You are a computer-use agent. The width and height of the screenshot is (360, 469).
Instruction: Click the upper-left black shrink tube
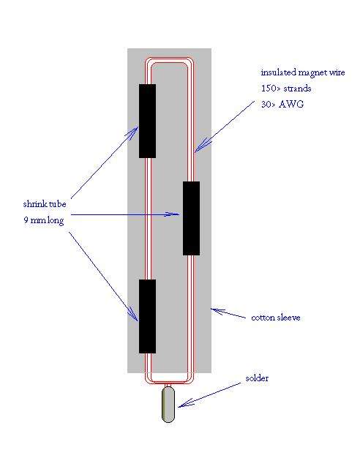point(147,121)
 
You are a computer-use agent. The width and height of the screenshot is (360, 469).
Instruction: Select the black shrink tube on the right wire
point(192,218)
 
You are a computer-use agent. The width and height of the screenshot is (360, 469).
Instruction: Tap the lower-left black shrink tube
point(147,317)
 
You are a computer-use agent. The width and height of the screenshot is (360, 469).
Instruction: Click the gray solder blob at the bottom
point(168,405)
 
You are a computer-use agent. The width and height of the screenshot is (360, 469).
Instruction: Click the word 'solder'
point(257,378)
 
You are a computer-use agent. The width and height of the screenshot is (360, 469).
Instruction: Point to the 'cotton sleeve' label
point(276,318)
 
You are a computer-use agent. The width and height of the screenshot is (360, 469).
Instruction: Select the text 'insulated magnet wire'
point(303,72)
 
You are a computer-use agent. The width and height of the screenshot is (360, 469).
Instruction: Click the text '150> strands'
point(286,89)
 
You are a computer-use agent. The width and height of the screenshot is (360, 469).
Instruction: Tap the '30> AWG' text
point(282,105)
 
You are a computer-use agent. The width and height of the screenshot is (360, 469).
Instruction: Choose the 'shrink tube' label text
point(45,204)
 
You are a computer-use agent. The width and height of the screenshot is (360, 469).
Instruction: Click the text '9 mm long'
point(44,221)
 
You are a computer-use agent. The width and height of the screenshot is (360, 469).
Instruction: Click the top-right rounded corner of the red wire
point(192,61)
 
